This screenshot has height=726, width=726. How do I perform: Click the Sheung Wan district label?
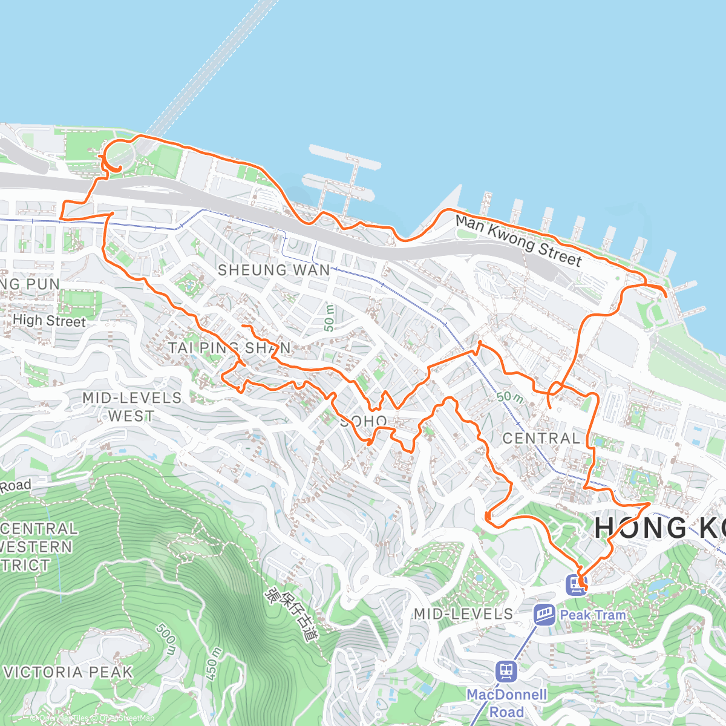point(273,270)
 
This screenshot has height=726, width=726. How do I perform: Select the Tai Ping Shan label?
point(229,348)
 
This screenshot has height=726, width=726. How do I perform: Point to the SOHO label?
point(364,421)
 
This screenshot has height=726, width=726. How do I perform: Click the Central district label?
point(541,438)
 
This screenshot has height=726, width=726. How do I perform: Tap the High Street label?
point(49,321)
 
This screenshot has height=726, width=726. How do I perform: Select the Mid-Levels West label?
point(132,407)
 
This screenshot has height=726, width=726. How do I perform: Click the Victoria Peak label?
point(68,672)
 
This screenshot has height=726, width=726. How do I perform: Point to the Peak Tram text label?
point(593,615)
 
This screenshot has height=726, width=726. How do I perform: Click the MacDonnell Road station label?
point(506,703)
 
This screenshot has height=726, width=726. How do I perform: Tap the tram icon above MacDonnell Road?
point(506,670)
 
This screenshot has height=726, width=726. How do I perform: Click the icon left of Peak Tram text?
point(544,615)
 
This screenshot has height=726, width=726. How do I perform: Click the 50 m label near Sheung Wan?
point(329,317)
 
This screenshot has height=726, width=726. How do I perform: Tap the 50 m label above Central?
point(509,397)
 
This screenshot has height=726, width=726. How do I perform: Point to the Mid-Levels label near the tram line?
point(463,614)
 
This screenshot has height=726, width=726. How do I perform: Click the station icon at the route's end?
point(575,584)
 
